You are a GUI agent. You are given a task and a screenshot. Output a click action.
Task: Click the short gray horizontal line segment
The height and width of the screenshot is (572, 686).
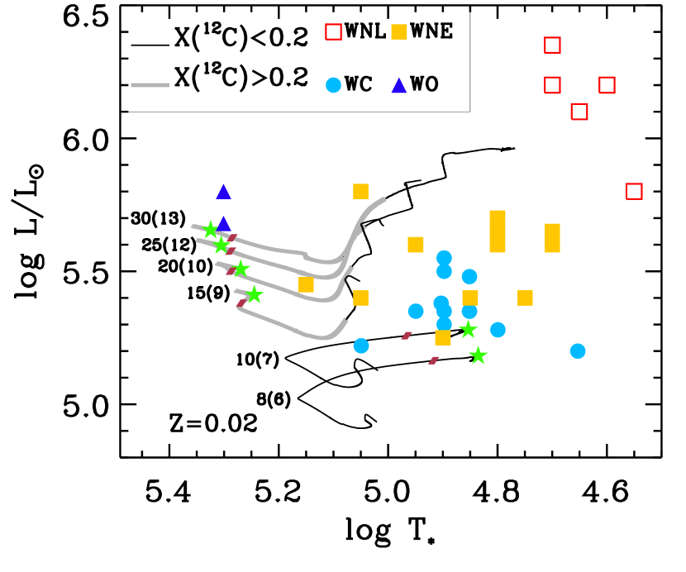150,85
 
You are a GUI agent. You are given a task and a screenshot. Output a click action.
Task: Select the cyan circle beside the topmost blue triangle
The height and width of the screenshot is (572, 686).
333,85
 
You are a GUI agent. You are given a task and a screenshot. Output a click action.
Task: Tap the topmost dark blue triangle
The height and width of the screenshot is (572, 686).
399,85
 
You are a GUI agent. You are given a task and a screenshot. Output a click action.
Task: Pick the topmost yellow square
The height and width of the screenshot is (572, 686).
399,31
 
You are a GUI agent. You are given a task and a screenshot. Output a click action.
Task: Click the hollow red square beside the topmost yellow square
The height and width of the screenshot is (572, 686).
333,31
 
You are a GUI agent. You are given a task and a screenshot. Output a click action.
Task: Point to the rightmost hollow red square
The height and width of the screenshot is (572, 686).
634,191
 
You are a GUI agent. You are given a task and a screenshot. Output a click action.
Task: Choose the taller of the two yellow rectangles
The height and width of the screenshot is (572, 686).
498,231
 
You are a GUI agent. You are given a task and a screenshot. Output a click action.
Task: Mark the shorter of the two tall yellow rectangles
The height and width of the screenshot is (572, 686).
552,238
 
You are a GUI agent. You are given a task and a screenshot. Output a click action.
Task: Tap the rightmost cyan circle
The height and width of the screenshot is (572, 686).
578,351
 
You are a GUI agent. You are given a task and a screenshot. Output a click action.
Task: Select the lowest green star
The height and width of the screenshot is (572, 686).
478,355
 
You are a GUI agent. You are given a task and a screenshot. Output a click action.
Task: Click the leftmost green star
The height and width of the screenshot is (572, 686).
211,230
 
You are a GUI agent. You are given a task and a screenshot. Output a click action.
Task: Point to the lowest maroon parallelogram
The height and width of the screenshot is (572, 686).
433,360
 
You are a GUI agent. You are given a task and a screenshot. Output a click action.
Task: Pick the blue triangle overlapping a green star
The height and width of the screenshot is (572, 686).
223,223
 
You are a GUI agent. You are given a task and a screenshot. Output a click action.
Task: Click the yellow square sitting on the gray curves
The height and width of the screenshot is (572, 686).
306,284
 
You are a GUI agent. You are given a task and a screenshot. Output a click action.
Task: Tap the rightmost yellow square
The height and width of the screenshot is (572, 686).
525,298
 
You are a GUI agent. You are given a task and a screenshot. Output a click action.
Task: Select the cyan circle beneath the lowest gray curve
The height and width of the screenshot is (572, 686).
361,346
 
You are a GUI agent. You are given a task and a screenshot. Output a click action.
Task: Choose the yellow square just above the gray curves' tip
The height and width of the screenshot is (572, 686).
361,191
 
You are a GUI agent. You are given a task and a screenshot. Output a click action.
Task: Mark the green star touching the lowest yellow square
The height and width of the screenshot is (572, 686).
468,329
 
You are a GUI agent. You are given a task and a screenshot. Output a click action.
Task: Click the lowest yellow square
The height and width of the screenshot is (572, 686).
443,337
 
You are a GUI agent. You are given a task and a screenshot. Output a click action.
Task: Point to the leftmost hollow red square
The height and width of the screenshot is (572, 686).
333,31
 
